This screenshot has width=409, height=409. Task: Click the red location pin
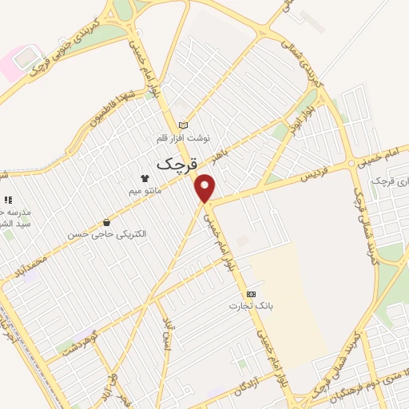pos(206,189)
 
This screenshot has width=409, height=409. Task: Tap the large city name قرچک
pos(169,164)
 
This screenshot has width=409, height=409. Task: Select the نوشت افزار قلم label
pos(185,138)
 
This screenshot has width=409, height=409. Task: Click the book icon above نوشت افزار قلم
pos(185,125)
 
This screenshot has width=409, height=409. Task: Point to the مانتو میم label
pos(145,191)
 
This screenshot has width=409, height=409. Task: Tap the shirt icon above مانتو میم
pos(145,178)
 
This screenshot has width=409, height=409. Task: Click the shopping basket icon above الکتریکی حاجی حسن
pos(107,222)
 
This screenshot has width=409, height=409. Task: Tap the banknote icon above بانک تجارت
pos(251,294)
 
